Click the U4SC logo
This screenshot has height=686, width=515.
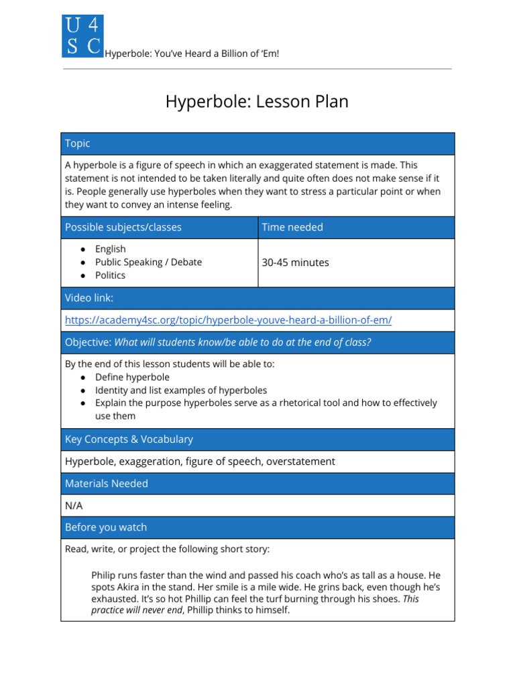click(x=82, y=36)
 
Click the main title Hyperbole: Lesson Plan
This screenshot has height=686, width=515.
click(x=257, y=102)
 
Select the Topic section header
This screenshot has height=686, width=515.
click(x=78, y=144)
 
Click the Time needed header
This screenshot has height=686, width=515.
click(x=292, y=227)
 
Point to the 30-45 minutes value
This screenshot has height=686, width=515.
click(x=295, y=263)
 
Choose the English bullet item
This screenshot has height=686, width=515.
click(x=110, y=249)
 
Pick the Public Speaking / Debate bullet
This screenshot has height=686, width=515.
click(x=148, y=262)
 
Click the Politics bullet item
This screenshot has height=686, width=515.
click(x=110, y=275)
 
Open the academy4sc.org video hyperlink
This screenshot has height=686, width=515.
click(x=228, y=320)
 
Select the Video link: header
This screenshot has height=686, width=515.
click(x=89, y=298)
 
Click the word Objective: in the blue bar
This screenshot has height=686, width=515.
click(x=88, y=342)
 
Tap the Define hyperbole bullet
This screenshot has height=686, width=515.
click(x=132, y=377)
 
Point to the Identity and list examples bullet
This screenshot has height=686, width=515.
click(x=180, y=390)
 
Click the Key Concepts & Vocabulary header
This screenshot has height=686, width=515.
click(x=129, y=439)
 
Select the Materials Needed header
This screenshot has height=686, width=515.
click(x=106, y=484)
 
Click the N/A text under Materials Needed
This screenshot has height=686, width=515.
click(x=74, y=506)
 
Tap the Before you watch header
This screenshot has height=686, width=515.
click(x=105, y=527)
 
